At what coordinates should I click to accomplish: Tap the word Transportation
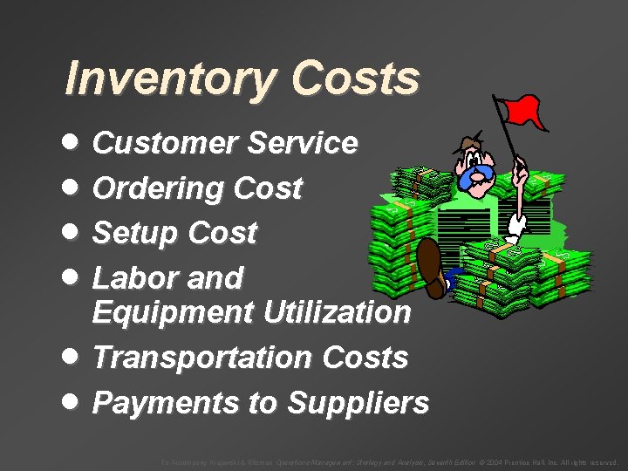click(202, 358)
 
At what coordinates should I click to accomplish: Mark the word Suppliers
click(358, 403)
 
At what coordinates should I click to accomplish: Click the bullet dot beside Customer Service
click(74, 142)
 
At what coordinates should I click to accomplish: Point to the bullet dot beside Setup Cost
click(74, 232)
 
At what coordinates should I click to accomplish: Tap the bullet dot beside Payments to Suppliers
click(74, 402)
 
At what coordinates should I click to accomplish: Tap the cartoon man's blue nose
click(477, 178)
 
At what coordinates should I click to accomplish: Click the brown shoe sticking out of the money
click(431, 267)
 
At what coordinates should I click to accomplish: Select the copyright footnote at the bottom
click(387, 462)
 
